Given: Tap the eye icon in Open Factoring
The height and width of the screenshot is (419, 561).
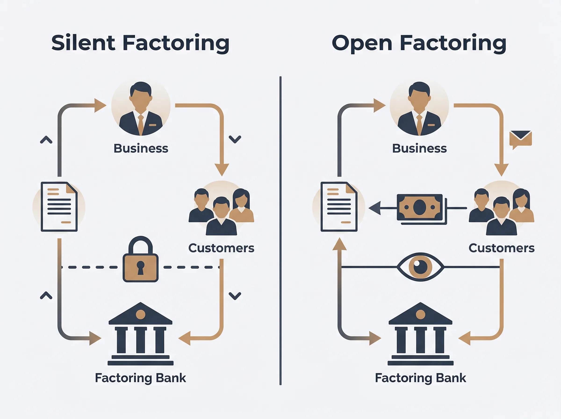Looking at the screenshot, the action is coord(420,267).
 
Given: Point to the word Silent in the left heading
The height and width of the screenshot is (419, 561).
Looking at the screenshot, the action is coord(83,43).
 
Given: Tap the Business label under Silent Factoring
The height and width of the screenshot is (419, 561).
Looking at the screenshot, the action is coord(141,148).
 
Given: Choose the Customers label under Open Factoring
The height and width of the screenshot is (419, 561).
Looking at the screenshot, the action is coord(501,248).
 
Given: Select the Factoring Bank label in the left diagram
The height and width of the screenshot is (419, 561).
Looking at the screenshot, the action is coord(140,378).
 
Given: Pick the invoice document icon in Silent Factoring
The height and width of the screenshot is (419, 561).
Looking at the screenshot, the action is coord(59,207).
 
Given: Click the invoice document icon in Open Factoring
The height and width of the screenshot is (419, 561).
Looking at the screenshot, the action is coord(339,207).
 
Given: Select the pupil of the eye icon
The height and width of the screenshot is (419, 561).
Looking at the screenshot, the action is coord(421,267).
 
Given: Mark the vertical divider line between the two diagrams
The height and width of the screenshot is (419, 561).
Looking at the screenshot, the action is coord(280,231).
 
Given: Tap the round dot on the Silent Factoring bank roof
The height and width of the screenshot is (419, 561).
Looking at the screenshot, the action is coord(140,314).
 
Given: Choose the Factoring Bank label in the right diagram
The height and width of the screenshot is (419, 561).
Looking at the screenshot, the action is coord(420,378).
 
